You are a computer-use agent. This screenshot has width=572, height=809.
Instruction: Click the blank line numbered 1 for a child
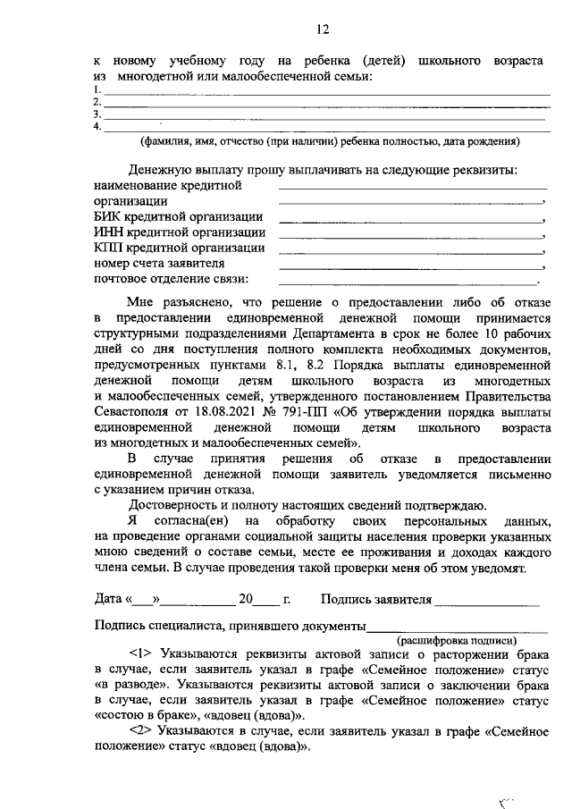click(x=326, y=93)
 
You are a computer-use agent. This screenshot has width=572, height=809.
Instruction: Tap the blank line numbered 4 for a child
click(x=326, y=130)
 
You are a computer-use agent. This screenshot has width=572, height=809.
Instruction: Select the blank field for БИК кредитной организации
click(x=411, y=219)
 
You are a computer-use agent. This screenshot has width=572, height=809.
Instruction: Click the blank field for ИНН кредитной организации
click(x=411, y=235)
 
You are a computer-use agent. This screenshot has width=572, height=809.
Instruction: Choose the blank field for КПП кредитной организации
click(x=411, y=250)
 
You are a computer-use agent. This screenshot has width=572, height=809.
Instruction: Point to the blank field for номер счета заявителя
click(x=411, y=266)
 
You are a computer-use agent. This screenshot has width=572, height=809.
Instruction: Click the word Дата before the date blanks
click(x=109, y=599)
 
